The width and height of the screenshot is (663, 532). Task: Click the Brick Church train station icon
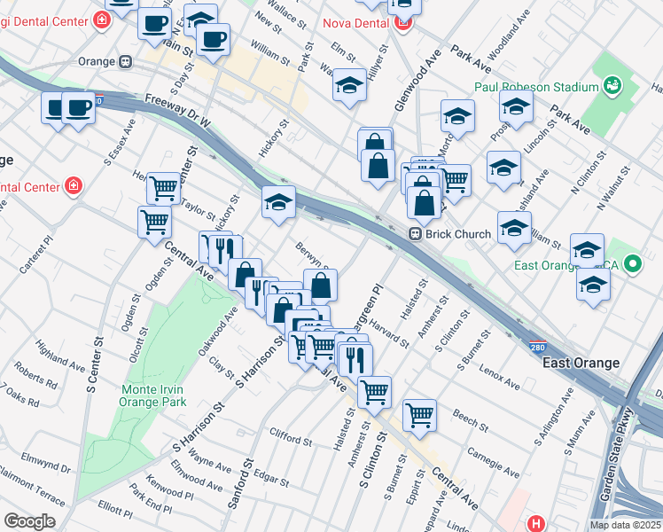click(x=414, y=234)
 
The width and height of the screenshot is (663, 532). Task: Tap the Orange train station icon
click(x=126, y=62)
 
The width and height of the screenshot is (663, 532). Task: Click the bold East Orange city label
click(x=581, y=363)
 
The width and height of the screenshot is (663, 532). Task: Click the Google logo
click(x=29, y=521)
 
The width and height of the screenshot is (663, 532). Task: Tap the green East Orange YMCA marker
click(x=633, y=264)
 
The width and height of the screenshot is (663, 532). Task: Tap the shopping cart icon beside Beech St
click(x=419, y=413)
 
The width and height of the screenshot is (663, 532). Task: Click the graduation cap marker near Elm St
click(x=350, y=85)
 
